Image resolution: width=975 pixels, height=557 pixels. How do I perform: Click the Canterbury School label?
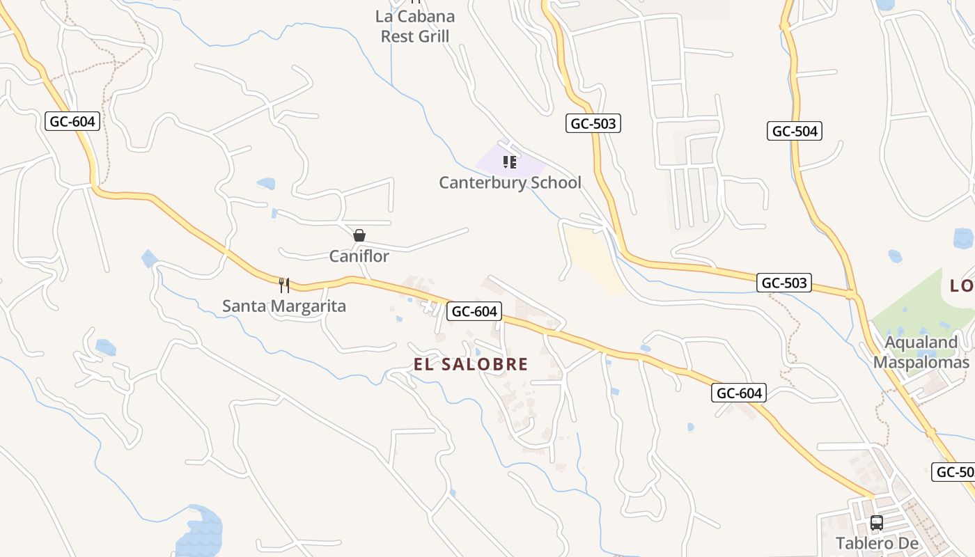[x=510, y=183]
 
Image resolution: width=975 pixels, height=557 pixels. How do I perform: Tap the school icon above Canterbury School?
[x=509, y=162]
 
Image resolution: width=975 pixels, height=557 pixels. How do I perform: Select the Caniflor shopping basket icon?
[x=359, y=235]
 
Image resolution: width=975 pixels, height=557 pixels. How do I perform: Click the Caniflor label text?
[x=359, y=256]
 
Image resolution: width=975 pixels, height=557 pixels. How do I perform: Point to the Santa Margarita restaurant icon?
[x=284, y=285]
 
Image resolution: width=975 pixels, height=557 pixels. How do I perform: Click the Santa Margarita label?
[x=284, y=306]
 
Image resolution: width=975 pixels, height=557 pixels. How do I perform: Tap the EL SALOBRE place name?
[x=471, y=364]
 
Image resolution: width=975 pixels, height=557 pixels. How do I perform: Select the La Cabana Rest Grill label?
[x=415, y=26]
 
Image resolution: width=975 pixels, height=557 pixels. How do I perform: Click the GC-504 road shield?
[x=795, y=131]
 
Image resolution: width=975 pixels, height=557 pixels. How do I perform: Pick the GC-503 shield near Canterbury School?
[x=592, y=124]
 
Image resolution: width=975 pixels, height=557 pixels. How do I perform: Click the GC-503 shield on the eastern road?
[x=784, y=283]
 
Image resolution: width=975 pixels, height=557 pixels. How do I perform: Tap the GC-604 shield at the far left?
[x=72, y=121]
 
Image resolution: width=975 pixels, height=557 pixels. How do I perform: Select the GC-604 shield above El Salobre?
[x=474, y=311]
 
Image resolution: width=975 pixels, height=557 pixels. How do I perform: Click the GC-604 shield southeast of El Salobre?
[x=739, y=393]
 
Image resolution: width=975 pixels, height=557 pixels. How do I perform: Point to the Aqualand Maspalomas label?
[x=921, y=352]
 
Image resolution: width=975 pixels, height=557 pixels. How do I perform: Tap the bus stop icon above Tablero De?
[x=877, y=522]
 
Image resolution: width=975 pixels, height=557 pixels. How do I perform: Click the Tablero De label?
[x=877, y=543]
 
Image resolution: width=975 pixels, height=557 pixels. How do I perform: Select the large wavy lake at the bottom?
[x=200, y=533]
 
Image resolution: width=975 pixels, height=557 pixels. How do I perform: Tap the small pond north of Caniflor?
[x=266, y=184]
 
